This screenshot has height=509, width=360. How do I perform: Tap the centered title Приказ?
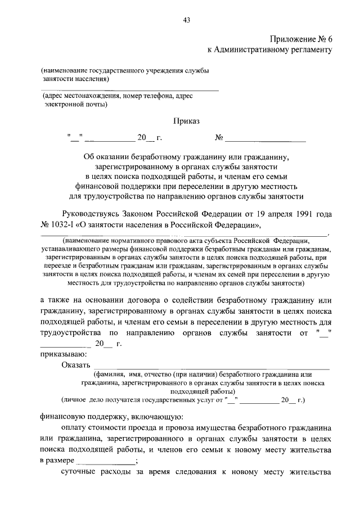pyautogui.click(x=186, y=120)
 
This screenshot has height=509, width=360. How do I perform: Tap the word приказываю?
pyautogui.click(x=63, y=354)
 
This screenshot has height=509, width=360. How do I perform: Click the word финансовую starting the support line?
pyautogui.click(x=64, y=417)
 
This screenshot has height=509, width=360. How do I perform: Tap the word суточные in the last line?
pyautogui.click(x=79, y=471)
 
